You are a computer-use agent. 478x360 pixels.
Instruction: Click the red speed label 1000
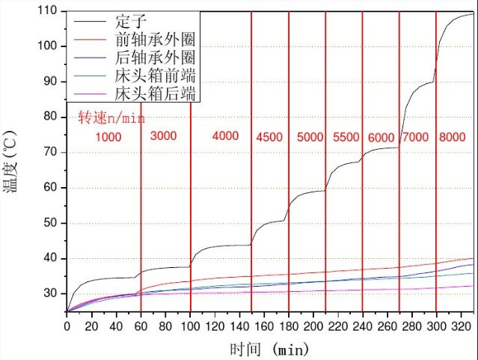[108, 138]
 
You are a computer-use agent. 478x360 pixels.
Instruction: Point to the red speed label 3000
[163, 136]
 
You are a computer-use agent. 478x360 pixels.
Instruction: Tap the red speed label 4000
[225, 136]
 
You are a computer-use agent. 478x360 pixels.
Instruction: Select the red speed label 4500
[270, 138]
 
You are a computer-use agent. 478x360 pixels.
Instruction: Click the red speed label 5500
[346, 138]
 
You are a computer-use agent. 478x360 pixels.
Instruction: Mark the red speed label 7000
[416, 138]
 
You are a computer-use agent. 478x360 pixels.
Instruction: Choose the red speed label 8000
[453, 138]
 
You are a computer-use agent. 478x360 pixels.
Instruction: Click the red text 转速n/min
[111, 118]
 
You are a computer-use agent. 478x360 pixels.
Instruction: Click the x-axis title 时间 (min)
[269, 349]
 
